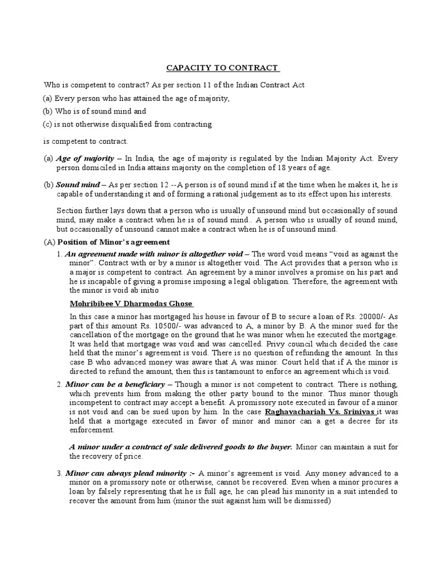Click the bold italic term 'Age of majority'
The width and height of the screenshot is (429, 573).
pos(85,158)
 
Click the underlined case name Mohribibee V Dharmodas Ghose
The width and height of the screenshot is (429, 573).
pos(131,303)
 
